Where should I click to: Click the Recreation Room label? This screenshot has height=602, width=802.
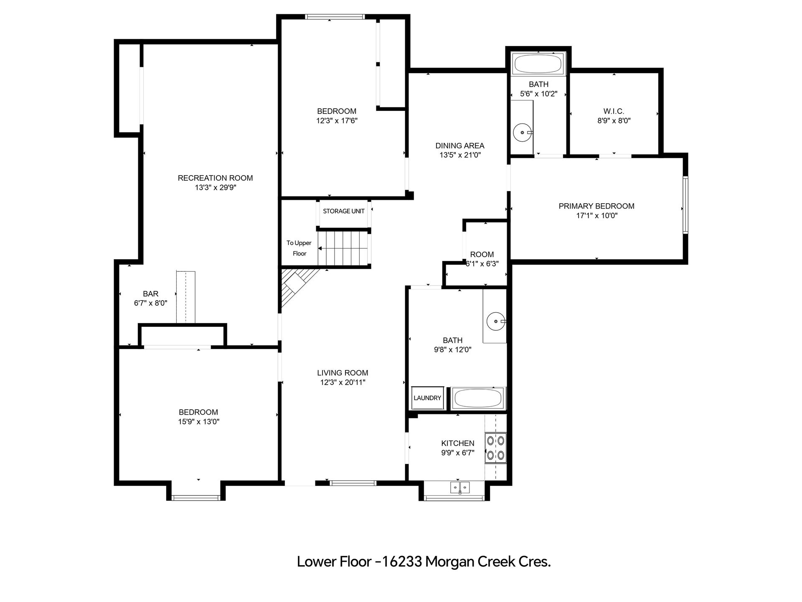pos(215,178)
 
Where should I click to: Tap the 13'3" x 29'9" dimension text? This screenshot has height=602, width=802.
pos(216,188)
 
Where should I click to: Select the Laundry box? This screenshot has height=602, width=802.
pos(427,398)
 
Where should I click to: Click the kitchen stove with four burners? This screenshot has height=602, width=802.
pos(495,448)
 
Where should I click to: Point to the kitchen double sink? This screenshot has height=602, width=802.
pos(460,487)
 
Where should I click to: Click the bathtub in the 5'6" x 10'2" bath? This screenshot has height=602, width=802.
pos(538,64)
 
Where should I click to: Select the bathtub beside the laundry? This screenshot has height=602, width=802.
pos(478,398)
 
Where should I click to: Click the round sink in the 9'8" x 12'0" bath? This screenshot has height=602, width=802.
pos(496,321)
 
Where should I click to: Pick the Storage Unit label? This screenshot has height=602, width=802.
pos(344,211)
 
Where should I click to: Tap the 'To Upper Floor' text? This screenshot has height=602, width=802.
pos(299,248)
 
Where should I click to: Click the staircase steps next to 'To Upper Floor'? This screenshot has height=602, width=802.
pos(343,248)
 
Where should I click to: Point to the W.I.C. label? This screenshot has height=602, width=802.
pos(614,111)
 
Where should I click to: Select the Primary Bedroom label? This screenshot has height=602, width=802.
pos(596,206)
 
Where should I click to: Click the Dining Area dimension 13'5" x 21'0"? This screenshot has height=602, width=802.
pos(460,155)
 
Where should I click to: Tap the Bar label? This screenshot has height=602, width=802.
pos(151,294)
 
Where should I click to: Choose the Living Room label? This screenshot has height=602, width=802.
pos(343,373)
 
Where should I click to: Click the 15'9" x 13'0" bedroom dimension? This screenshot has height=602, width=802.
pos(199,422)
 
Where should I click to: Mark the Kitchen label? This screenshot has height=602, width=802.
pos(458,443)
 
